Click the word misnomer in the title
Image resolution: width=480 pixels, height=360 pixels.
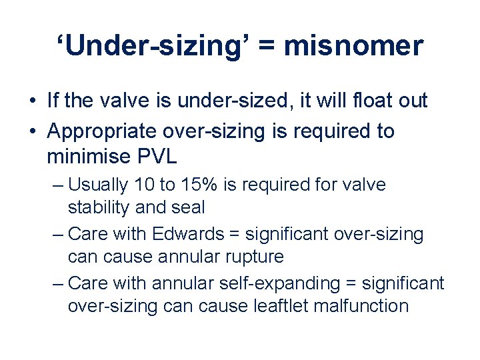pyautogui.click(x=354, y=46)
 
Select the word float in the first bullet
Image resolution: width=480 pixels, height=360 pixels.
pyautogui.click(x=363, y=101)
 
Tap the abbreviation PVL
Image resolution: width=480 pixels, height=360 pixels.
pyautogui.click(x=157, y=157)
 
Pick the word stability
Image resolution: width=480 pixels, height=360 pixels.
pyautogui.click(x=99, y=207)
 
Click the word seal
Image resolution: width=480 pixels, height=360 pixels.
pyautogui.click(x=188, y=207)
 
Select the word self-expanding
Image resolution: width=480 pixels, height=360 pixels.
pyautogui.click(x=293, y=283)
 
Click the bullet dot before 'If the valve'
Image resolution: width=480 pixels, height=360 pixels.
pyautogui.click(x=33, y=101)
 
